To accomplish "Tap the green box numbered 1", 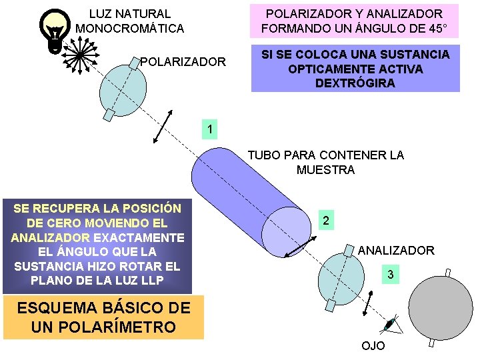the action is (x=210, y=129).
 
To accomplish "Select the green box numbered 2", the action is (x=325, y=221).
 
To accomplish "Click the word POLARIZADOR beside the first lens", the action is (x=183, y=62).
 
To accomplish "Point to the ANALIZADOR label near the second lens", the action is (x=396, y=251).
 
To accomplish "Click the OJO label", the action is (x=373, y=346).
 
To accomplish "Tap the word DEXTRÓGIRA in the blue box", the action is (x=355, y=83).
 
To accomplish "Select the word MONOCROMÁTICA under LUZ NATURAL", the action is (x=130, y=29).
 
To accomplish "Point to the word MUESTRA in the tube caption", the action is (x=325, y=170).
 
